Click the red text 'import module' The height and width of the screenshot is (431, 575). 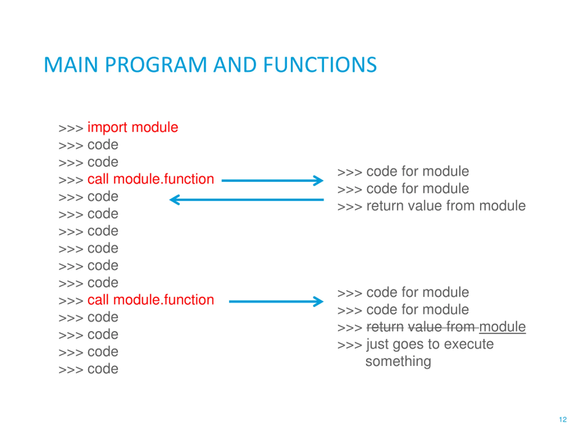click(x=133, y=128)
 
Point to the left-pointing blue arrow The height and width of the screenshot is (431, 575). click(x=246, y=200)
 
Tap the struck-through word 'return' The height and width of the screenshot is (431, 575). click(x=385, y=327)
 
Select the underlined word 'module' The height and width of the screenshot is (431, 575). click(x=502, y=327)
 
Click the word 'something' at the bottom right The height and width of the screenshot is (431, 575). click(x=398, y=362)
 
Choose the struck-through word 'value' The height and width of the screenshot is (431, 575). click(x=425, y=327)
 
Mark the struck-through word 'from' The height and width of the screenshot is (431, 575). click(x=461, y=327)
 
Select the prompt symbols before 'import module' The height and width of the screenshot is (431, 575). click(x=71, y=128)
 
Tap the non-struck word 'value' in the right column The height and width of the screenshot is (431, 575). click(x=425, y=206)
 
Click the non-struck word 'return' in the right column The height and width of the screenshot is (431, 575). click(x=385, y=206)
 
